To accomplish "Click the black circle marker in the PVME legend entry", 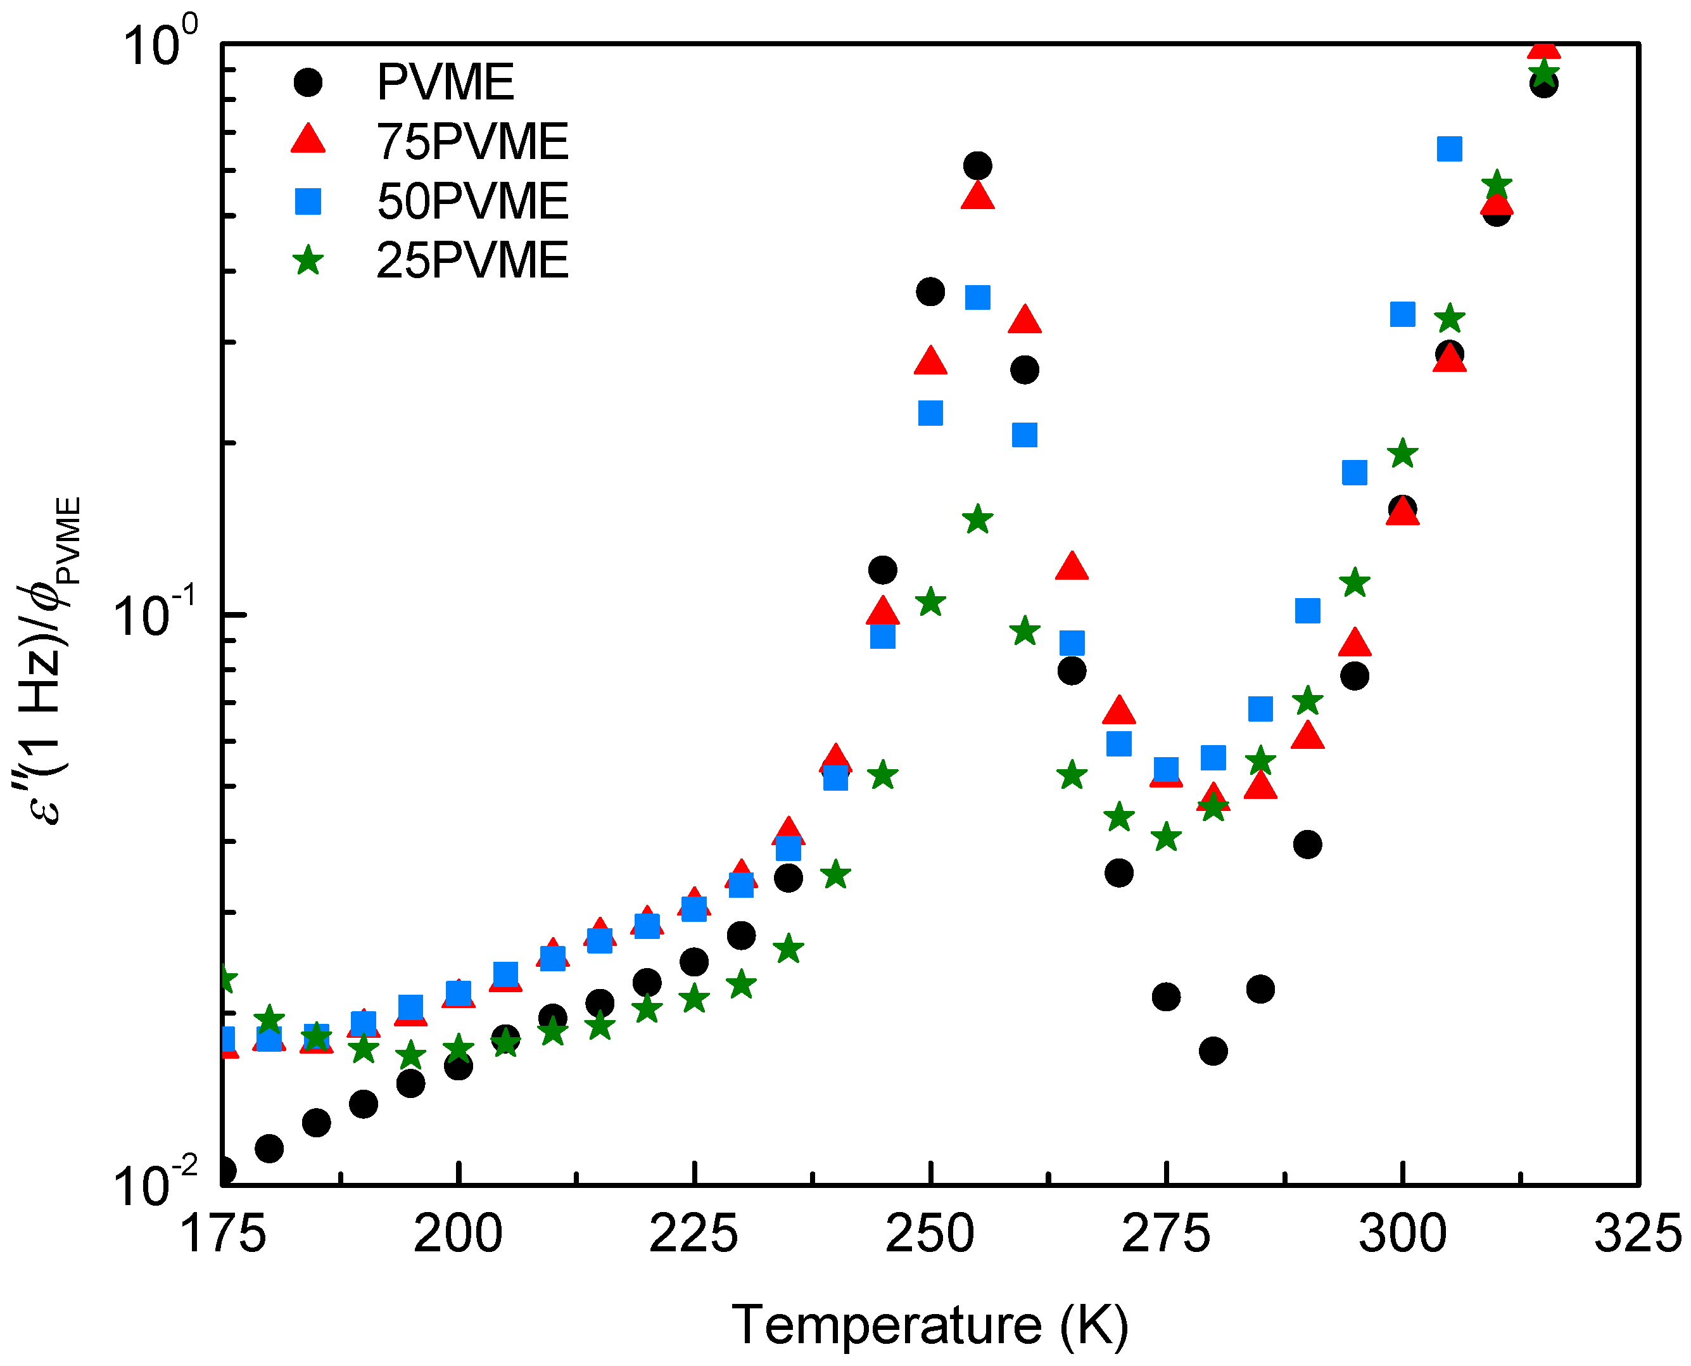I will (308, 82).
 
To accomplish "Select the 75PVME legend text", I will (472, 142).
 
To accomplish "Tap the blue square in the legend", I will (308, 201).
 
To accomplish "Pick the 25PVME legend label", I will (472, 260).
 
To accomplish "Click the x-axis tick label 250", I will (930, 1234).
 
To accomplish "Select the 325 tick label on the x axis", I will (1638, 1234).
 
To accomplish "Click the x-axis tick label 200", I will (458, 1234).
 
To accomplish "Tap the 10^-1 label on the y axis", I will (153, 615).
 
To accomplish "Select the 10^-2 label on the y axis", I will (154, 1184).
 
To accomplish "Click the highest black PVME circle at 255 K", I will (977, 166).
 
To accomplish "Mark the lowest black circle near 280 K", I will (1213, 1050).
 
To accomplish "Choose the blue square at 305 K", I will (1449, 149).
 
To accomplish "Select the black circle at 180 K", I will (269, 1149).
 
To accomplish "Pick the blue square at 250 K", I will (930, 413).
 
